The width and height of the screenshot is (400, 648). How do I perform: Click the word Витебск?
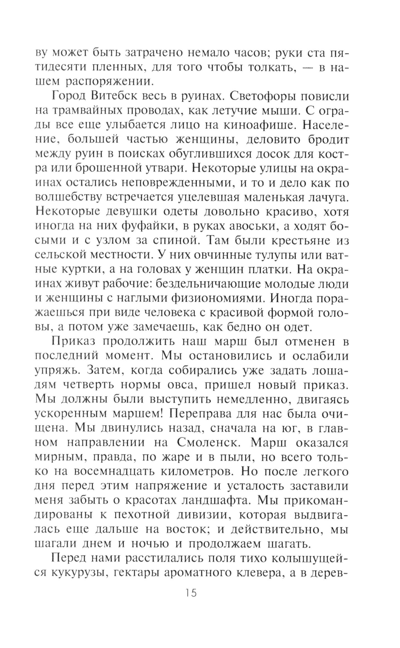(x=114, y=97)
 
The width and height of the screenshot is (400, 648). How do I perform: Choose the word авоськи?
(x=246, y=226)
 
